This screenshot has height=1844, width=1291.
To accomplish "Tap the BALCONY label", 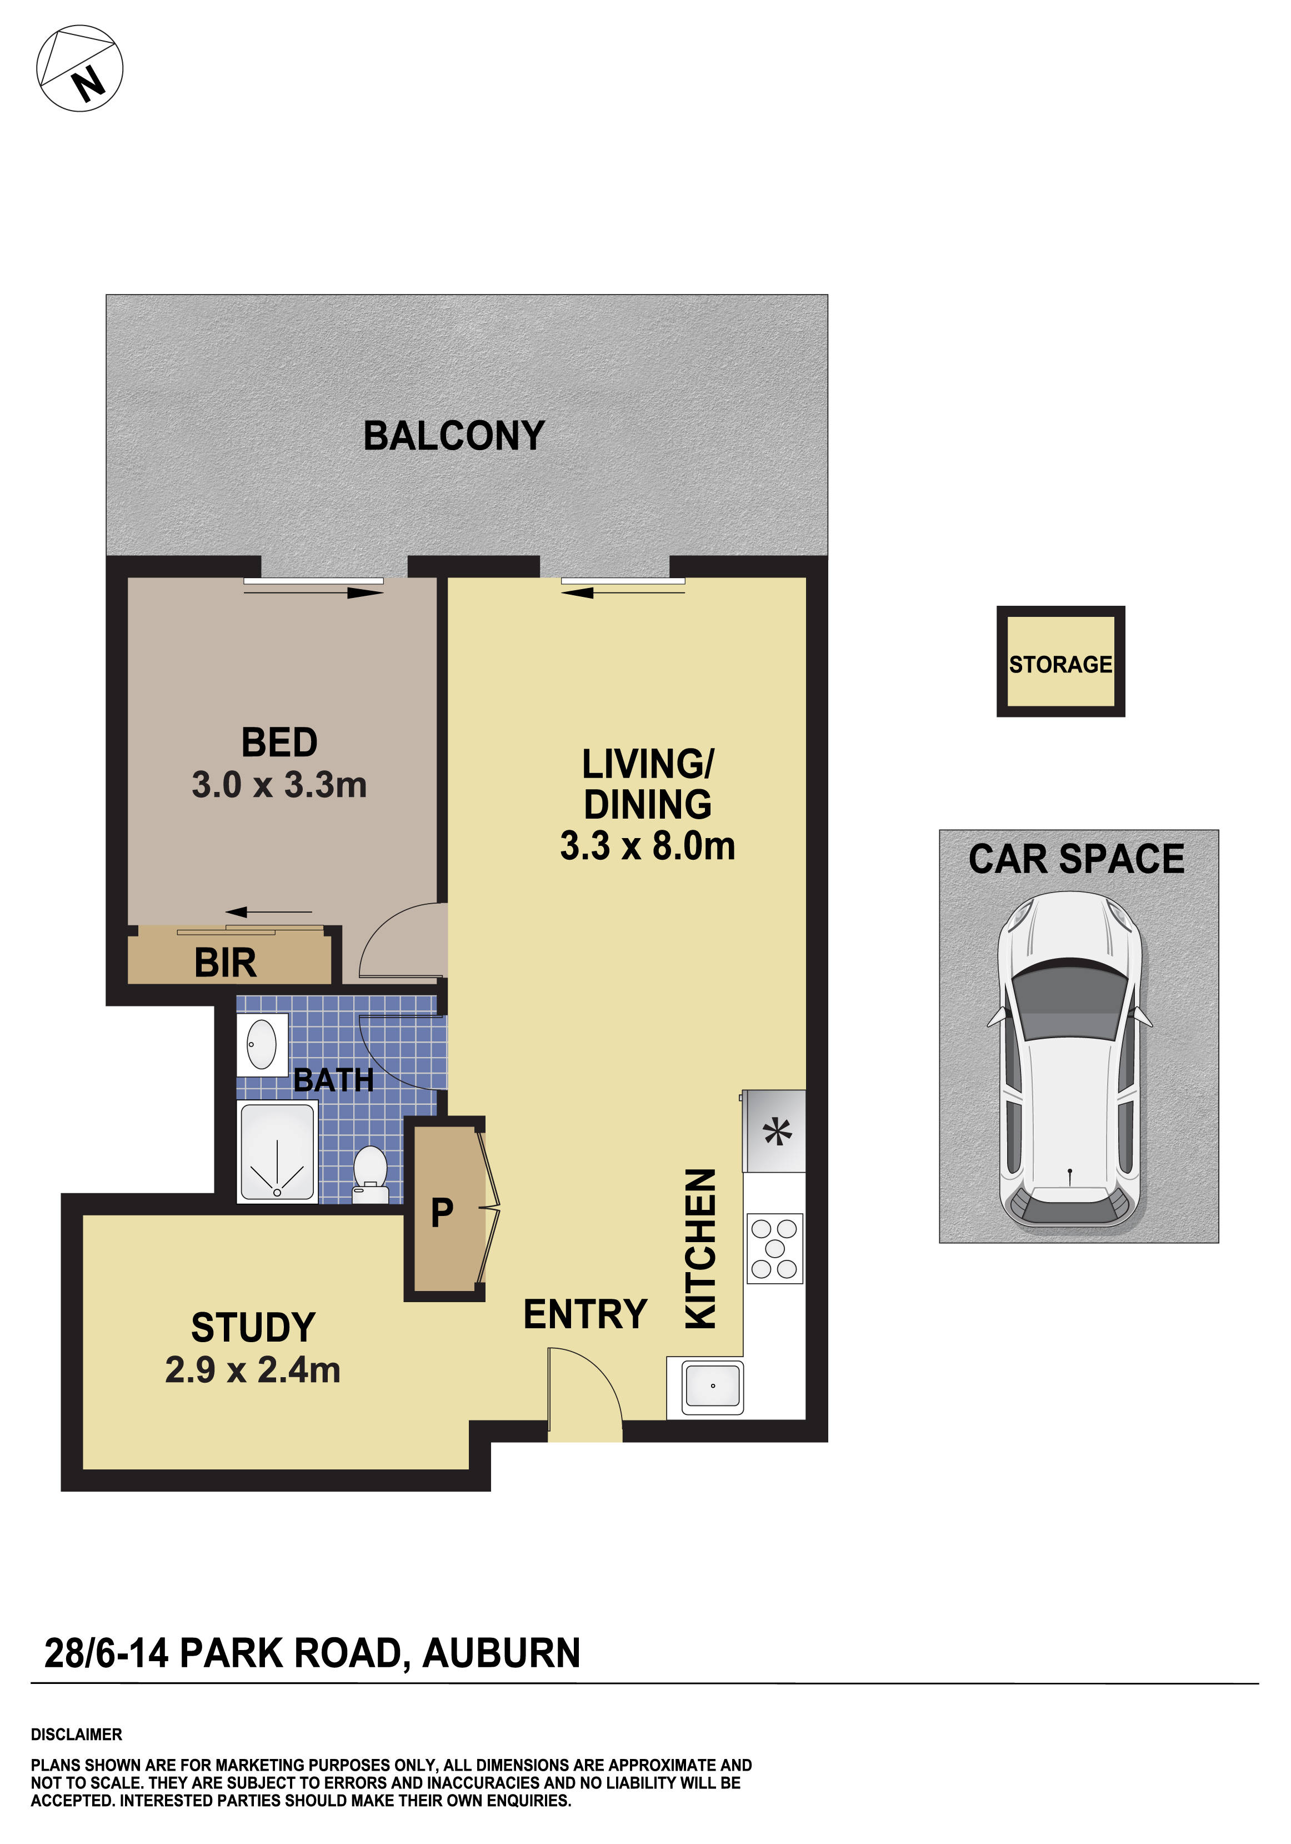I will point(454,436).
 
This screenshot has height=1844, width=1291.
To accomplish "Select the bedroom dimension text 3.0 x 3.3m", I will point(279,785).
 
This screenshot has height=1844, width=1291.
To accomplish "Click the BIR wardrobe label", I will point(225,963).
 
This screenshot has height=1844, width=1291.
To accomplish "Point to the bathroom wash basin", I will point(262,1044).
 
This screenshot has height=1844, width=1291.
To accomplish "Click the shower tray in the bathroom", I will point(277,1152).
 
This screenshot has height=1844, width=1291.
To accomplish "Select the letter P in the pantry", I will point(442,1213).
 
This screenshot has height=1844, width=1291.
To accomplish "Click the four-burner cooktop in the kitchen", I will point(775,1248).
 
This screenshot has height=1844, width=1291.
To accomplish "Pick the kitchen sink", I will point(712,1387).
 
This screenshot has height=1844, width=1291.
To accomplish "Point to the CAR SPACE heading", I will point(1076,859).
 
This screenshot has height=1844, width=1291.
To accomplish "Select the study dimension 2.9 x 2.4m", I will point(253,1370).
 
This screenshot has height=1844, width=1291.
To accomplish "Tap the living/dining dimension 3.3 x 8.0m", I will point(647,846).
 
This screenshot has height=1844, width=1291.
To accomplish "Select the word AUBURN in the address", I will point(501,1654).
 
